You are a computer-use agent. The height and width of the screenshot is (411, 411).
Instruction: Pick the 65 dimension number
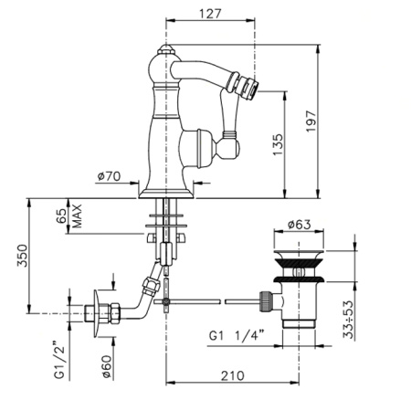[63, 216]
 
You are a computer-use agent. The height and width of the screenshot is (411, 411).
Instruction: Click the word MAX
[79, 216]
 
